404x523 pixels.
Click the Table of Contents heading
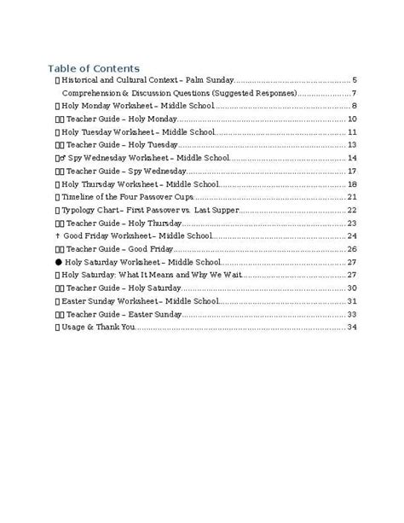coord(94,67)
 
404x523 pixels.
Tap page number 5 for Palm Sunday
coord(353,79)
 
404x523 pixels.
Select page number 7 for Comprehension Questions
coord(353,92)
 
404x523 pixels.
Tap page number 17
coord(351,171)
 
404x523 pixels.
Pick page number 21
coord(351,197)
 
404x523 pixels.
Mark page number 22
coord(351,210)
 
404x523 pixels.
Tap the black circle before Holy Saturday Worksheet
coord(57,263)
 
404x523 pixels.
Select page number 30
coord(351,288)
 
